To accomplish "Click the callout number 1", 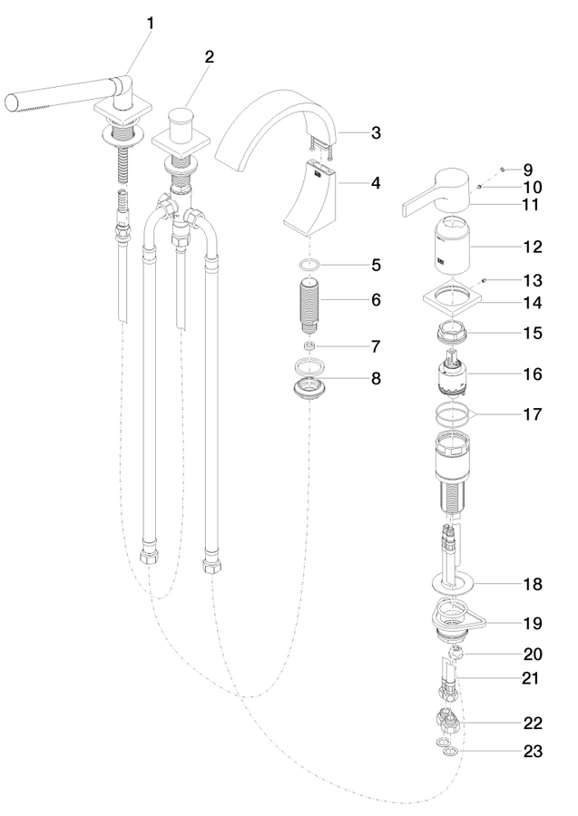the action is (x=151, y=24).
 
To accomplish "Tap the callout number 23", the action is (x=532, y=751).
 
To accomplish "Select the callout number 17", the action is (x=532, y=414).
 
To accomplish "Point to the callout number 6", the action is (x=376, y=300).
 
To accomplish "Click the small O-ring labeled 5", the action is (x=309, y=265).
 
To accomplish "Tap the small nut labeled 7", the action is (x=309, y=346).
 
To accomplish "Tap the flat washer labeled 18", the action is (x=453, y=584).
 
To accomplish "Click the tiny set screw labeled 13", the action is (x=484, y=280).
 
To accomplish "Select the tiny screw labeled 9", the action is (x=502, y=170).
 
